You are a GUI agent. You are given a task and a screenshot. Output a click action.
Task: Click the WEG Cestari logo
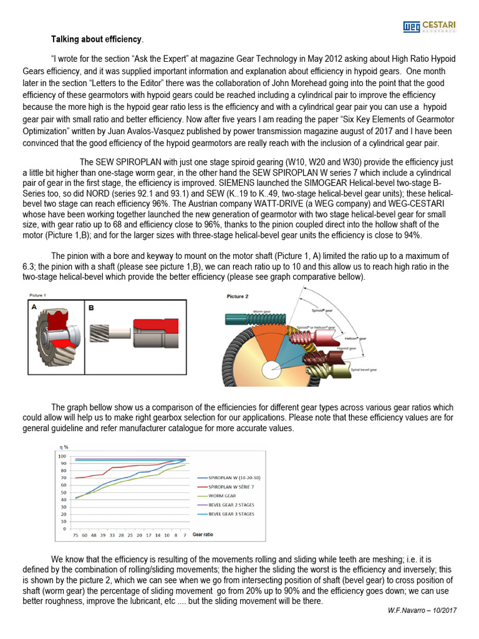[429, 26]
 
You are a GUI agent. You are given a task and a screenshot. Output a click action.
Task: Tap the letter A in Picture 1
[35, 307]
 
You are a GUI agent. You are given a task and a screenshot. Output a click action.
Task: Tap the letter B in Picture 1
[91, 308]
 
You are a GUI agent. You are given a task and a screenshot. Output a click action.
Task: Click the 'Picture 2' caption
[238, 296]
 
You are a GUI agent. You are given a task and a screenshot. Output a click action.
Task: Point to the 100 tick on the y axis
[62, 456]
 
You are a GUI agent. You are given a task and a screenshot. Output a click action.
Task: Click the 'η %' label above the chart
[62, 447]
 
